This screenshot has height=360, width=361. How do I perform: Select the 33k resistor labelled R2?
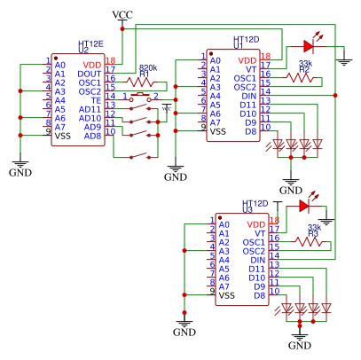(x=303, y=77)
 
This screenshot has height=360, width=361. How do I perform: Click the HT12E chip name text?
(x=90, y=42)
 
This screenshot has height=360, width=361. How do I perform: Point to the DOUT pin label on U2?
(x=89, y=74)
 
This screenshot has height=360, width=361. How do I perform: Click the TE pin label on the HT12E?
(x=95, y=100)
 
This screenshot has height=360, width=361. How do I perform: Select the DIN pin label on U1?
(x=247, y=95)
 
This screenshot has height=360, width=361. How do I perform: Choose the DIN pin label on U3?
(x=256, y=259)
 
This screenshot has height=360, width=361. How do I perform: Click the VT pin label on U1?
(x=253, y=68)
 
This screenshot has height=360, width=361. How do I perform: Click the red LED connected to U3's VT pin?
(x=306, y=207)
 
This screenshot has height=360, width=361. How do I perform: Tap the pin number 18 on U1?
(x=265, y=55)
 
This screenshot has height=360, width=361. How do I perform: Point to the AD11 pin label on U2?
(x=90, y=109)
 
